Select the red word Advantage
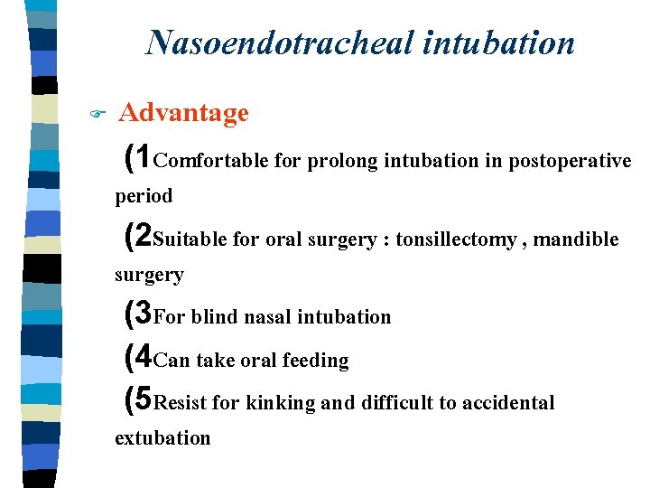[x=183, y=113]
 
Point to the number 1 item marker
[x=143, y=159]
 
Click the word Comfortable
[x=211, y=162]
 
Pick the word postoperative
[x=570, y=162]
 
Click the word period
[x=143, y=195]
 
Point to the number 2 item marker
[x=143, y=238]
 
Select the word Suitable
[x=190, y=239]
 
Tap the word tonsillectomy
[x=457, y=239]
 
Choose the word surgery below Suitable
[x=149, y=275]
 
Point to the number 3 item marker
[x=143, y=315]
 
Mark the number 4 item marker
[x=143, y=359]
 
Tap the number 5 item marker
[x=143, y=401]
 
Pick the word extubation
[x=162, y=438]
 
